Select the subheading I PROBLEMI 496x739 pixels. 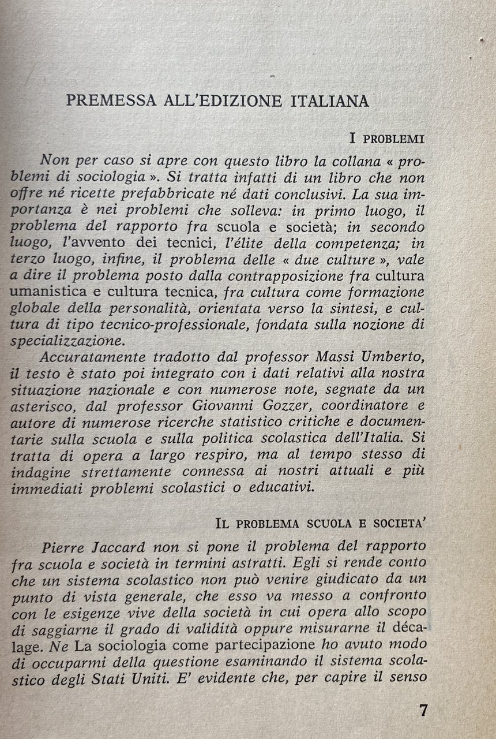click(x=387, y=139)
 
